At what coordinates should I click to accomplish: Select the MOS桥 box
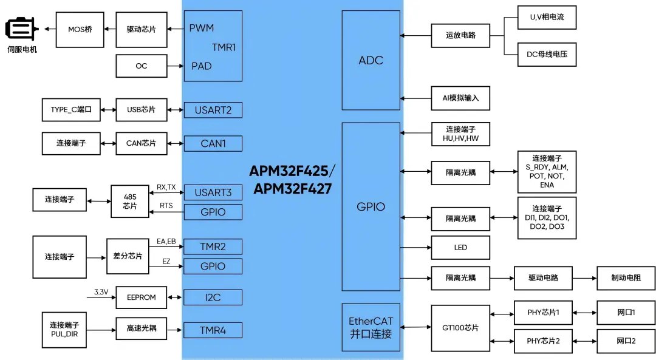pos(80,29)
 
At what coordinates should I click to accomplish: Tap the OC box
pos(141,66)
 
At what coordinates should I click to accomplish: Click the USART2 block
pos(213,110)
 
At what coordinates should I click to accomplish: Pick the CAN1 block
pos(213,143)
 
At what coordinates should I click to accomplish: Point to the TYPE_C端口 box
pos(70,110)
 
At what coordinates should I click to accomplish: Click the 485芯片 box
pos(129,201)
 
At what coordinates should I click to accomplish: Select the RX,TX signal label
pos(166,188)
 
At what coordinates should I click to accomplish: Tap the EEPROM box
pos(141,297)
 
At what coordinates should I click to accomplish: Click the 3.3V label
pos(101,292)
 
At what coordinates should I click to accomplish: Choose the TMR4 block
pos(213,330)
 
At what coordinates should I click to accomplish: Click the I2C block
pos(213,297)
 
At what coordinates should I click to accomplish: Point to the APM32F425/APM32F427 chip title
pos(292,180)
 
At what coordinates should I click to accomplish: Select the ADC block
pos(371,60)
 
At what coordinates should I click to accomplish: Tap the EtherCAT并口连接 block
pos(371,327)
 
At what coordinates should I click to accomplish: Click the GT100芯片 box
pos(460,328)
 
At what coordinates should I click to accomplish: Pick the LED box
pos(460,248)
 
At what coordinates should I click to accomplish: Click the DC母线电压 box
pos(547,55)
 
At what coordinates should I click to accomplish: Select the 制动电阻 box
pos(626,278)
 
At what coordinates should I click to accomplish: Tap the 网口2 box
pos(626,341)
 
